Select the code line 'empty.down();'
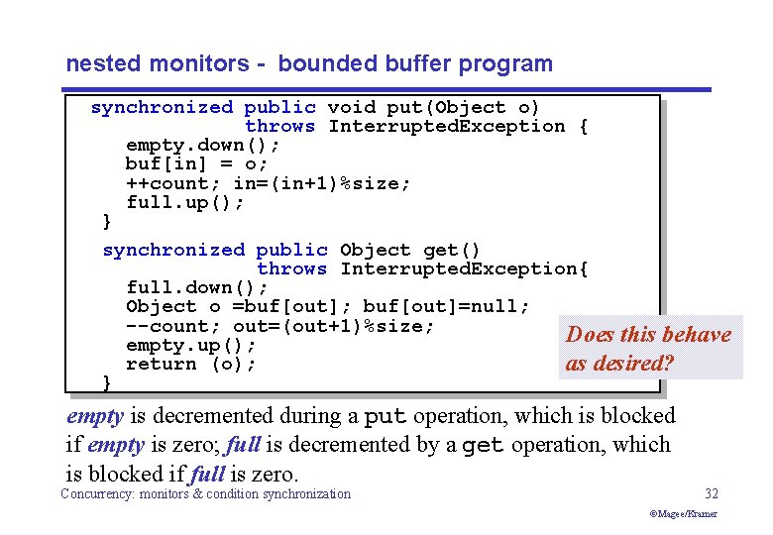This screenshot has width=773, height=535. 203,145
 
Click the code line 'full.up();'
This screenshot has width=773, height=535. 185,202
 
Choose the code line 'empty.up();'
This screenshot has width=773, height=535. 191,345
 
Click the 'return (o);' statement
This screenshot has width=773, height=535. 191,364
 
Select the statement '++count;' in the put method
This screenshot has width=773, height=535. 173,183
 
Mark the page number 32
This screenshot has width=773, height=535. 711,493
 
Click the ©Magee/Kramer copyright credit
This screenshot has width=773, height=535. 683,513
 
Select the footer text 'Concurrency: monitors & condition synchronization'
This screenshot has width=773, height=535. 205,493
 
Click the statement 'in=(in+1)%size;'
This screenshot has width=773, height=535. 322,183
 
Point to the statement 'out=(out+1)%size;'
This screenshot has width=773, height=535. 334,326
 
